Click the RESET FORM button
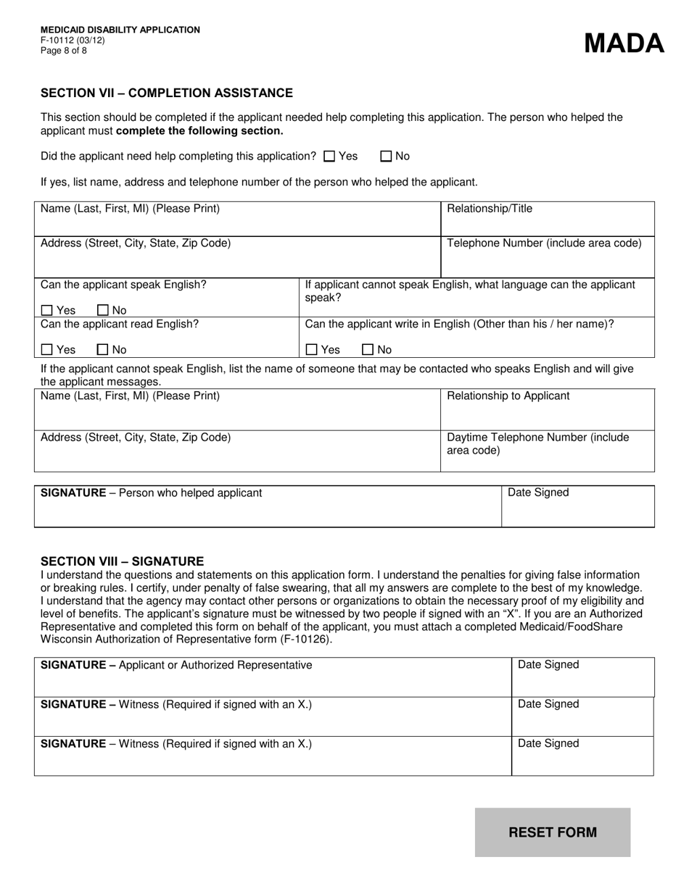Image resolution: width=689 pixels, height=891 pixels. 553,832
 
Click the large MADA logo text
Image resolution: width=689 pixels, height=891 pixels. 624,43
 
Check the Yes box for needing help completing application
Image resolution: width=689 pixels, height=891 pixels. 329,156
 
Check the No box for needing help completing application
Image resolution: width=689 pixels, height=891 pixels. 386,156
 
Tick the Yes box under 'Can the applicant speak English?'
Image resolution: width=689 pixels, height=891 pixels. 47,311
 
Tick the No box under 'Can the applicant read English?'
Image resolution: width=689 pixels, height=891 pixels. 102,350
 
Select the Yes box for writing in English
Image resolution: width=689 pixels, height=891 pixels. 312,350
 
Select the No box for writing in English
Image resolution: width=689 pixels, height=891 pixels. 367,350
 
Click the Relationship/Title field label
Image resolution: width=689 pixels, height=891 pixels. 490,209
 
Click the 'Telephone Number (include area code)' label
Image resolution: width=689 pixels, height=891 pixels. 544,243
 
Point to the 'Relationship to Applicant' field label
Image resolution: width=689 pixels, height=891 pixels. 508,396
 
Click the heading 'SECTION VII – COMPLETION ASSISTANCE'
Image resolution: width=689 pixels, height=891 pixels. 167,93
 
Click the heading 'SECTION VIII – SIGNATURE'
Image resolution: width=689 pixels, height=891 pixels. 122,561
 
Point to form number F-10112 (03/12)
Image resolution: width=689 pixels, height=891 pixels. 73,41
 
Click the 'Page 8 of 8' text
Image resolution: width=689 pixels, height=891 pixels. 64,51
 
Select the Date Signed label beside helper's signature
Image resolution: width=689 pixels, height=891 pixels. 538,493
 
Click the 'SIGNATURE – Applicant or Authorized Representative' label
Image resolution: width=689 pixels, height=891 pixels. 176,665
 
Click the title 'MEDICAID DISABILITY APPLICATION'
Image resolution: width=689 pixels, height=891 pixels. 120,30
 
